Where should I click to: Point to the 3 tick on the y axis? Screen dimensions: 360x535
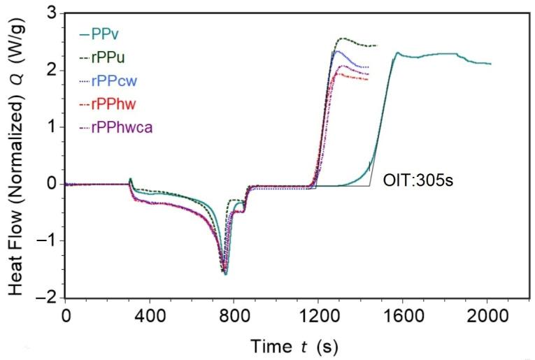pyautogui.click(x=53, y=13)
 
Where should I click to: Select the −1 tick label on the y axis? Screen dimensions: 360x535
pyautogui.click(x=49, y=241)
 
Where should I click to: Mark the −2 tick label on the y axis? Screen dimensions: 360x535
pyautogui.click(x=49, y=298)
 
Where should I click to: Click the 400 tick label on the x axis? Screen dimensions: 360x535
pyautogui.click(x=150, y=315)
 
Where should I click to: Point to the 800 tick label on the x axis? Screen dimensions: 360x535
pyautogui.click(x=234, y=315)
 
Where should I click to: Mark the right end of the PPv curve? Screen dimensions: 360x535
pyautogui.click(x=491, y=64)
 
